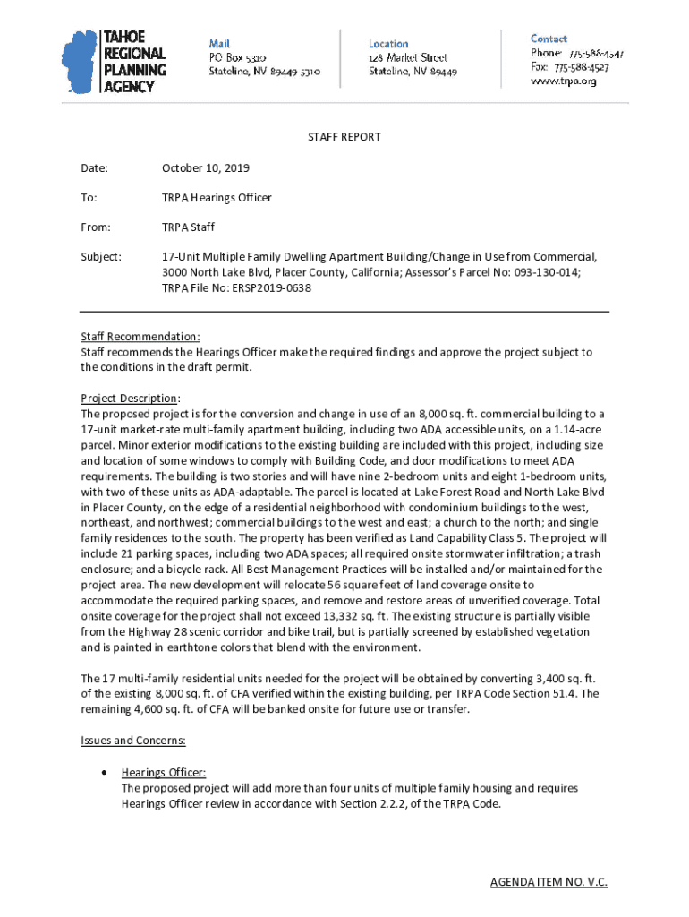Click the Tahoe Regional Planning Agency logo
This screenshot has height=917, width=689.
point(115,60)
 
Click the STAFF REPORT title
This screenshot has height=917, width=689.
point(344,137)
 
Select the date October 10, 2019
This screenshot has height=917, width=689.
point(206,167)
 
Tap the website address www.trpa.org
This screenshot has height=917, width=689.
point(564,81)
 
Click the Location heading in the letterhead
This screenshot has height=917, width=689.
point(388,43)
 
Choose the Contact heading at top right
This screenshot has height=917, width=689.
point(549,39)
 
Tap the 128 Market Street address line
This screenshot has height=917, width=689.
point(408,57)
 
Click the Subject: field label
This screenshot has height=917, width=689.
point(101,256)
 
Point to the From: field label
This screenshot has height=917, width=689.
point(96,227)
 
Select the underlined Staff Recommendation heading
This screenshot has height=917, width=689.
point(140,337)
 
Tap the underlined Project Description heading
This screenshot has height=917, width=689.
point(131,398)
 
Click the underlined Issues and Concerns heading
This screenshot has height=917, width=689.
point(133,741)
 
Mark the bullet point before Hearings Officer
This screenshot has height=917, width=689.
point(106,772)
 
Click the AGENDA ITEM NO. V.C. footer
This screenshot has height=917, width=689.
point(549,882)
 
